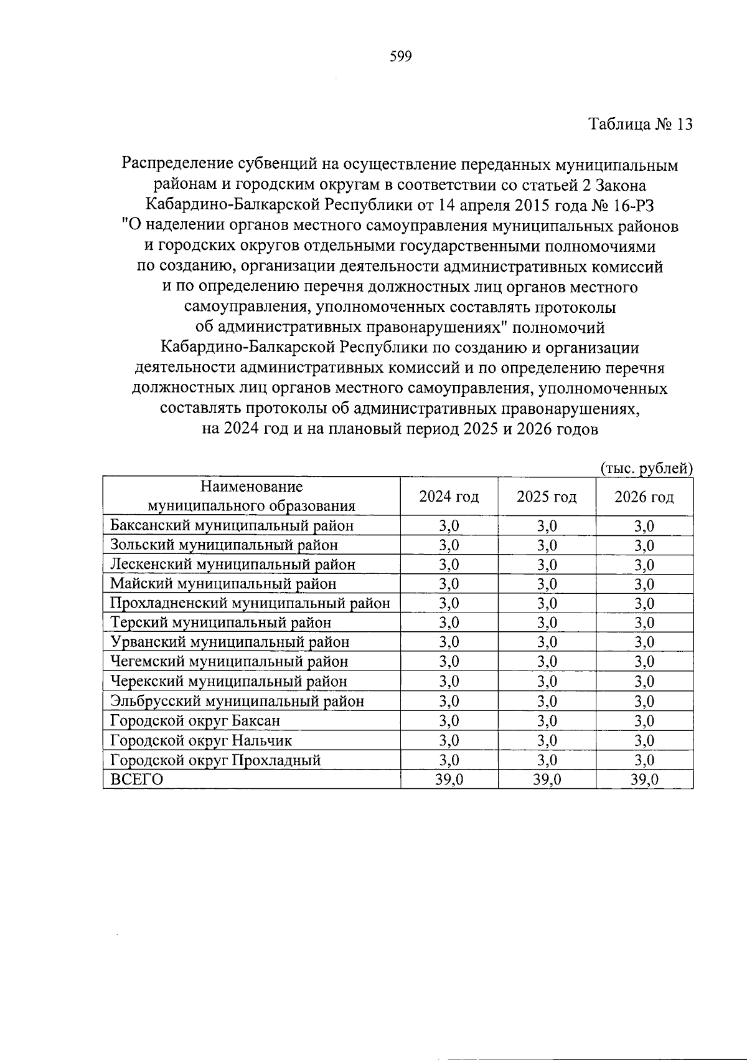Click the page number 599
coord(401,57)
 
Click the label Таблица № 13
coord(641,124)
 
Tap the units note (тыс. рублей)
coord(646,469)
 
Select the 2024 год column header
coord(449,497)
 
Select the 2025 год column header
coord(547,497)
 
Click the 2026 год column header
coord(644,497)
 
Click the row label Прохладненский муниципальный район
coord(250,603)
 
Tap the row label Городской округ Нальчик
coord(201,740)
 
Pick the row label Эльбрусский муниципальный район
coord(237,701)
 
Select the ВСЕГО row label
coord(137,780)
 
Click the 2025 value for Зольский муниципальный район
coord(547,545)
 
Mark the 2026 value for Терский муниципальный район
coord(644,623)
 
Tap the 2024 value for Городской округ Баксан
coord(449,721)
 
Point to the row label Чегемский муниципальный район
coord(229,661)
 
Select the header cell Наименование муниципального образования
coord(251,496)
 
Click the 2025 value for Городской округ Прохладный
coord(547,760)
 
